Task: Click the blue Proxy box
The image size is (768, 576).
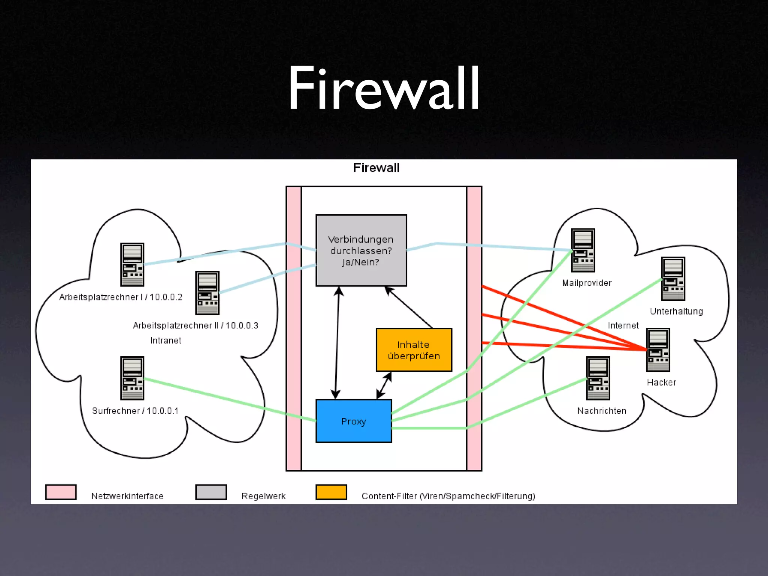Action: [354, 421]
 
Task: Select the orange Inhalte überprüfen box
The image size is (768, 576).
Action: [414, 350]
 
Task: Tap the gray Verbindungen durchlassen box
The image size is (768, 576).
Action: [361, 250]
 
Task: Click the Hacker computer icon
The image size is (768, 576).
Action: [658, 350]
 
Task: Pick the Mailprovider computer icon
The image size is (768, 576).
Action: [583, 250]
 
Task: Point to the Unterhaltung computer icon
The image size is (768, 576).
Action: [673, 279]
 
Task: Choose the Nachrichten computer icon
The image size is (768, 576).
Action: [598, 378]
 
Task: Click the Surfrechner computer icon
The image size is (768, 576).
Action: [132, 378]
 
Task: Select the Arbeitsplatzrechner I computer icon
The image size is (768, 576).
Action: [132, 264]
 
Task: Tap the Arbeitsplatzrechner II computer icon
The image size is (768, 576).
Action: [207, 293]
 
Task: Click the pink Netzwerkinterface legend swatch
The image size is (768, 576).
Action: [61, 492]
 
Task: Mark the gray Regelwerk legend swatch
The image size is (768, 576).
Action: [211, 492]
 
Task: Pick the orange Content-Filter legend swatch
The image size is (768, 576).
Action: [331, 492]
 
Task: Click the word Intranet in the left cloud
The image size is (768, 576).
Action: [166, 340]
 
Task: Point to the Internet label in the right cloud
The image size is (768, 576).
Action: [623, 325]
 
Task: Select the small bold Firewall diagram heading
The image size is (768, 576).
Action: [376, 168]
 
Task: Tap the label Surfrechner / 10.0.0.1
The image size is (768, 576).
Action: [135, 411]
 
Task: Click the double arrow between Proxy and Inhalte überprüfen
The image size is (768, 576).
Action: [384, 385]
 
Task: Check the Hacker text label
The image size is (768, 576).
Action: [661, 382]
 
